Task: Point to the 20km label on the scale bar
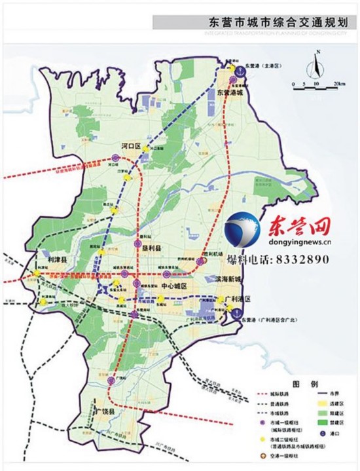coord(338,85)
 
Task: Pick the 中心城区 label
coord(173,287)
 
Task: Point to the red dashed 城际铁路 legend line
coord(259,395)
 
